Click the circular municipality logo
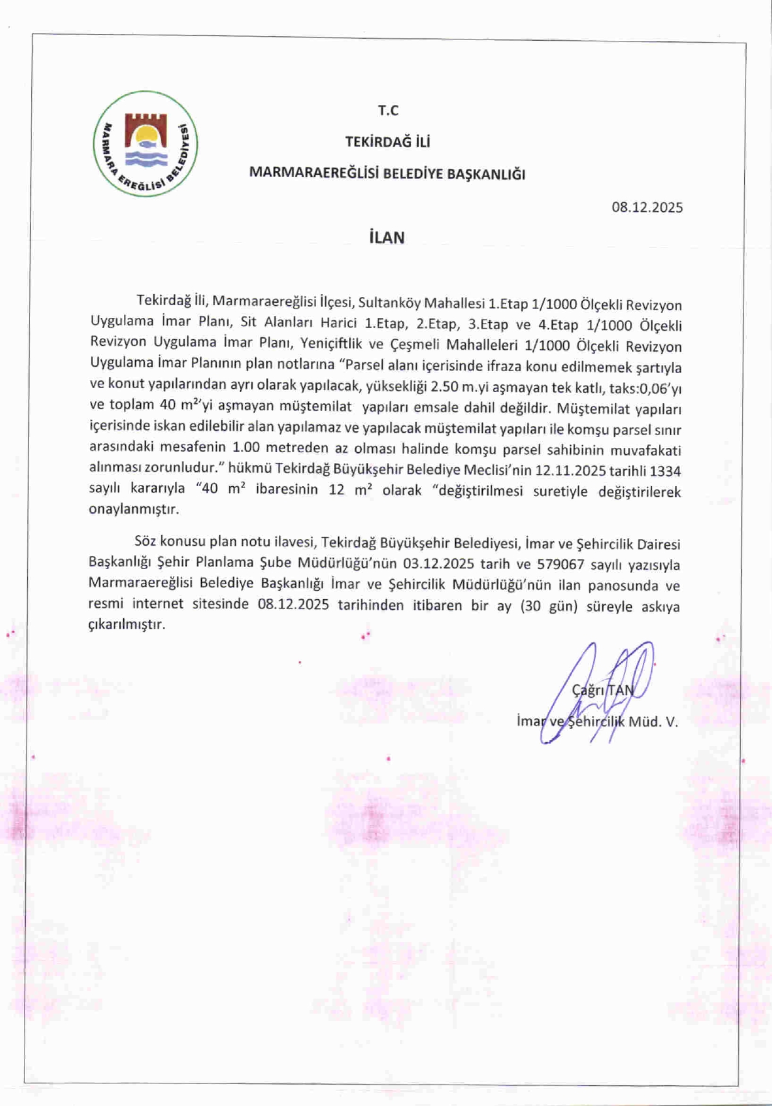coord(145,144)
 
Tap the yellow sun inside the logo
coord(146,135)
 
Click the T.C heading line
coord(388,111)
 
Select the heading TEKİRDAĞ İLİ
coord(387,142)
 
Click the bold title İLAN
coord(387,238)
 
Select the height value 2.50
coord(445,387)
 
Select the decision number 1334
coord(665,471)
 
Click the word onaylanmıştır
coord(133,509)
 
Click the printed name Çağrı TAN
coord(603,690)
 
